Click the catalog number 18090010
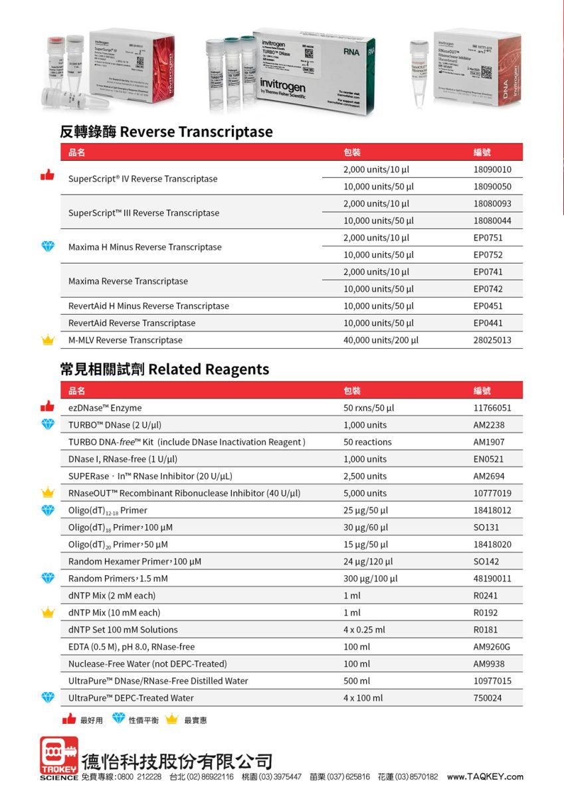point(492,170)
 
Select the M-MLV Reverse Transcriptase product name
point(125,340)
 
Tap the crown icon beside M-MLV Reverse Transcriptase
point(47,341)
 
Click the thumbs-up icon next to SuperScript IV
point(47,175)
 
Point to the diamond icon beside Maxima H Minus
point(47,246)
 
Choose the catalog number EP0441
point(488,323)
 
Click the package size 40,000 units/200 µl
point(381,341)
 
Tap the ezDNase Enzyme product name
point(105,408)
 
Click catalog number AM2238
point(488,425)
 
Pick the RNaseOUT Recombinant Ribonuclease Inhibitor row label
point(184,493)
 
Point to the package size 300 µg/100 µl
point(370,578)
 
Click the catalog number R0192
point(485,613)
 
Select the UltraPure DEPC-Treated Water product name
point(131,698)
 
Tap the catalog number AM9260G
point(492,647)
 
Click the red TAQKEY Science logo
point(59,758)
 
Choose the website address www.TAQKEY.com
point(485,777)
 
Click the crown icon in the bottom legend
point(172,719)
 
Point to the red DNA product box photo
point(477,66)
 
